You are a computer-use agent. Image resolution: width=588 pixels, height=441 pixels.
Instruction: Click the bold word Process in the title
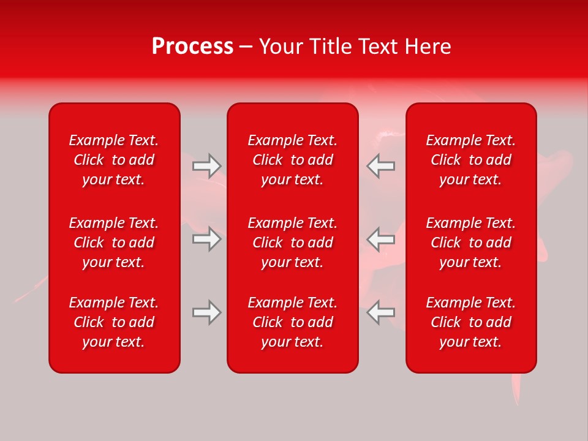pos(192,47)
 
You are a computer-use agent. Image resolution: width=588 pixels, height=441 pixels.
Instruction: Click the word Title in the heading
pos(329,47)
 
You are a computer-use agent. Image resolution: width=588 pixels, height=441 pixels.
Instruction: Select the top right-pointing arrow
pos(206,165)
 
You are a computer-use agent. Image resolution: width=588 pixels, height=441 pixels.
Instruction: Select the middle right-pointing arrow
pos(206,239)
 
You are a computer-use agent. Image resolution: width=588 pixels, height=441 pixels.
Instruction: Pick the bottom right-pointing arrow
pos(206,312)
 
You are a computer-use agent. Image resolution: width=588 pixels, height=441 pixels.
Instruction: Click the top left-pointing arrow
pos(381,165)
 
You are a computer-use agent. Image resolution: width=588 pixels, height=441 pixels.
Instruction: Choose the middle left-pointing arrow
pos(381,239)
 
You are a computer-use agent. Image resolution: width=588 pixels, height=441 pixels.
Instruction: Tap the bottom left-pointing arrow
pos(381,312)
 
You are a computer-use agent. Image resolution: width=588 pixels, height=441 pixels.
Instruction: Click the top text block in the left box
pos(114,160)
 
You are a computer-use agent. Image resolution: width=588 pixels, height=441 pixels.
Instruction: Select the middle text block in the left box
pos(114,243)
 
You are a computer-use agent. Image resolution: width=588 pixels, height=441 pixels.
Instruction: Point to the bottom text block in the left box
pos(114,322)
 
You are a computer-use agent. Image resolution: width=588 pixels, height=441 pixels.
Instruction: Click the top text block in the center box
pos(293,160)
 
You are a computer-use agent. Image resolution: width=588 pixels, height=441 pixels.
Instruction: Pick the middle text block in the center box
pos(293,243)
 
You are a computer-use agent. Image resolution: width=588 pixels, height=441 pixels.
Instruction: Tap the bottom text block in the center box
pos(293,322)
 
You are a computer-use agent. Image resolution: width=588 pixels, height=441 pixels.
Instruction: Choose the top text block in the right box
pos(471,160)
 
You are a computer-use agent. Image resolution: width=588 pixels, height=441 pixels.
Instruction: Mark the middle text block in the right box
pos(471,243)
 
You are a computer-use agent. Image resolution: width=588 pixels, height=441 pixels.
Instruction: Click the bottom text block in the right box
pos(471,322)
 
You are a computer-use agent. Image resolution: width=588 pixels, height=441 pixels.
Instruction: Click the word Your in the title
pos(279,47)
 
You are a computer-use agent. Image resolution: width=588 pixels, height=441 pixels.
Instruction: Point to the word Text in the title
pos(378,47)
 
